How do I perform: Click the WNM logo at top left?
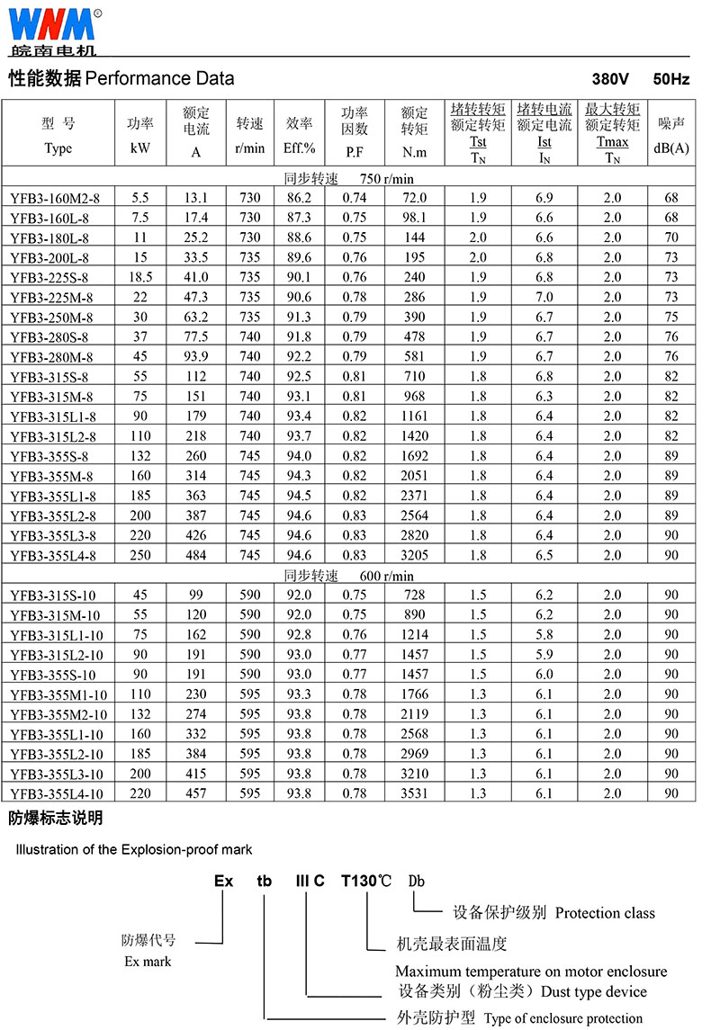[x=52, y=27]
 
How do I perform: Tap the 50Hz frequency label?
[x=671, y=79]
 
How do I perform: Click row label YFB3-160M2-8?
[x=56, y=198]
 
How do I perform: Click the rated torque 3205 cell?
[x=414, y=556]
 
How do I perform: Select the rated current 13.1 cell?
[x=196, y=198]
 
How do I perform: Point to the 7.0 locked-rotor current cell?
[x=544, y=297]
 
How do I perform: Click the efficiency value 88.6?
[x=299, y=237]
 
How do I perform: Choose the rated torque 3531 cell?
[x=414, y=793]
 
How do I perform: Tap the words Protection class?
[x=605, y=913]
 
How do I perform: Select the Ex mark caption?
[x=148, y=962]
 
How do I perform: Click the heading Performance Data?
[x=160, y=78]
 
